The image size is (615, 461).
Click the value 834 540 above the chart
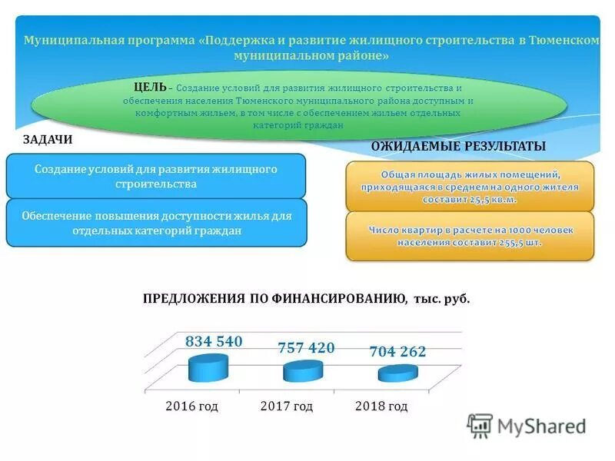pos(214,342)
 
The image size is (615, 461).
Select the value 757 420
pos(306,348)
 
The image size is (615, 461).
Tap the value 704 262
pos(397,352)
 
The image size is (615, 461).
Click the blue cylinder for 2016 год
pos(208,370)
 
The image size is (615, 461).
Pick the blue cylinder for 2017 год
pos(303,372)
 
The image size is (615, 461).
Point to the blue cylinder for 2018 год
pos(397,373)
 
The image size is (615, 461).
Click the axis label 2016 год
pos(192,406)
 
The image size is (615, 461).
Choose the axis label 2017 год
pos(287,406)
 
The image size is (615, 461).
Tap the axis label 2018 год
pos(381,406)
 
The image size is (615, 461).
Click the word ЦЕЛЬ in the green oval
pos(148,88)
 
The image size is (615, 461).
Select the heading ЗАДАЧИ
pos(48,139)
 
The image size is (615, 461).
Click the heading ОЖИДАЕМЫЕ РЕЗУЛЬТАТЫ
pos(458,146)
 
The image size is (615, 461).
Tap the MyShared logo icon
pos(480,426)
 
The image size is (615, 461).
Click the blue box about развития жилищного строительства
pos(156,176)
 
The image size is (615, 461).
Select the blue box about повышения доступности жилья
pos(156,223)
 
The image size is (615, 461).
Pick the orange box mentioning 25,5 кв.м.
pos(470,186)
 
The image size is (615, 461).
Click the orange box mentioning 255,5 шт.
pos(470,236)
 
